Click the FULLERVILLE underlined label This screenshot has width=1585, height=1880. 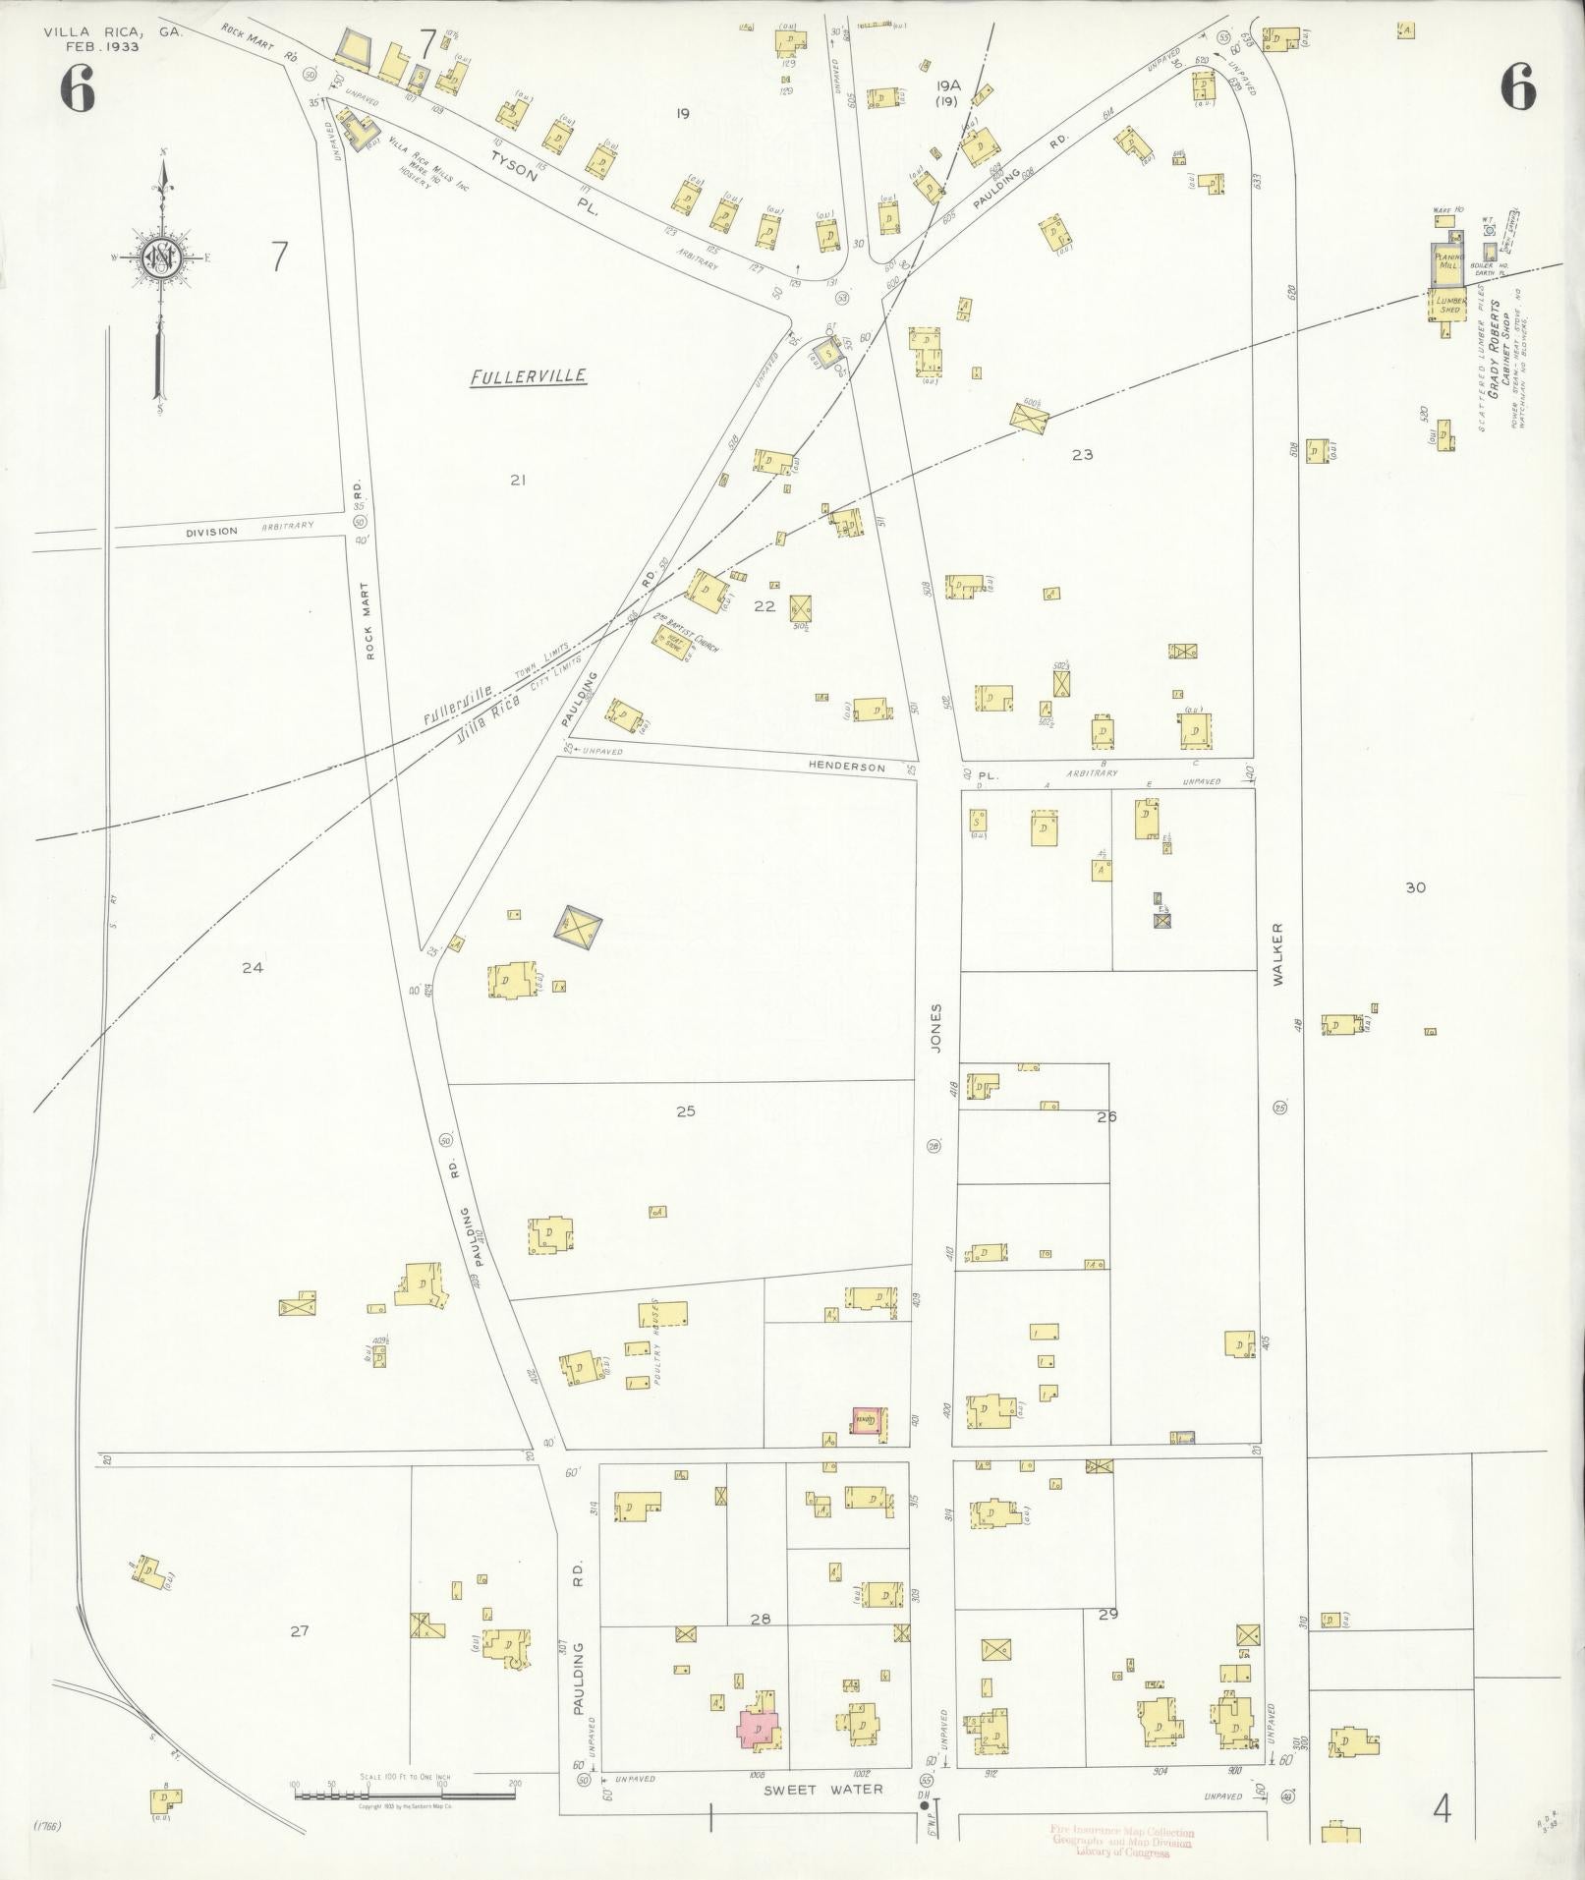pos(528,375)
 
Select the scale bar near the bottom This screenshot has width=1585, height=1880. pos(405,1795)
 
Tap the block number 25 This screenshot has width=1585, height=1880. pos(686,1111)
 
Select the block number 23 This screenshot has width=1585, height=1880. pos(1082,454)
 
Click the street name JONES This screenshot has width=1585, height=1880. pos(936,1029)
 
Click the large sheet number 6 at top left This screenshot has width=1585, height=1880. pos(77,90)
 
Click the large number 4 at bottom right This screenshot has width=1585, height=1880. pos(1443,1806)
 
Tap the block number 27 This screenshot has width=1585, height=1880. pos(300,1630)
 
